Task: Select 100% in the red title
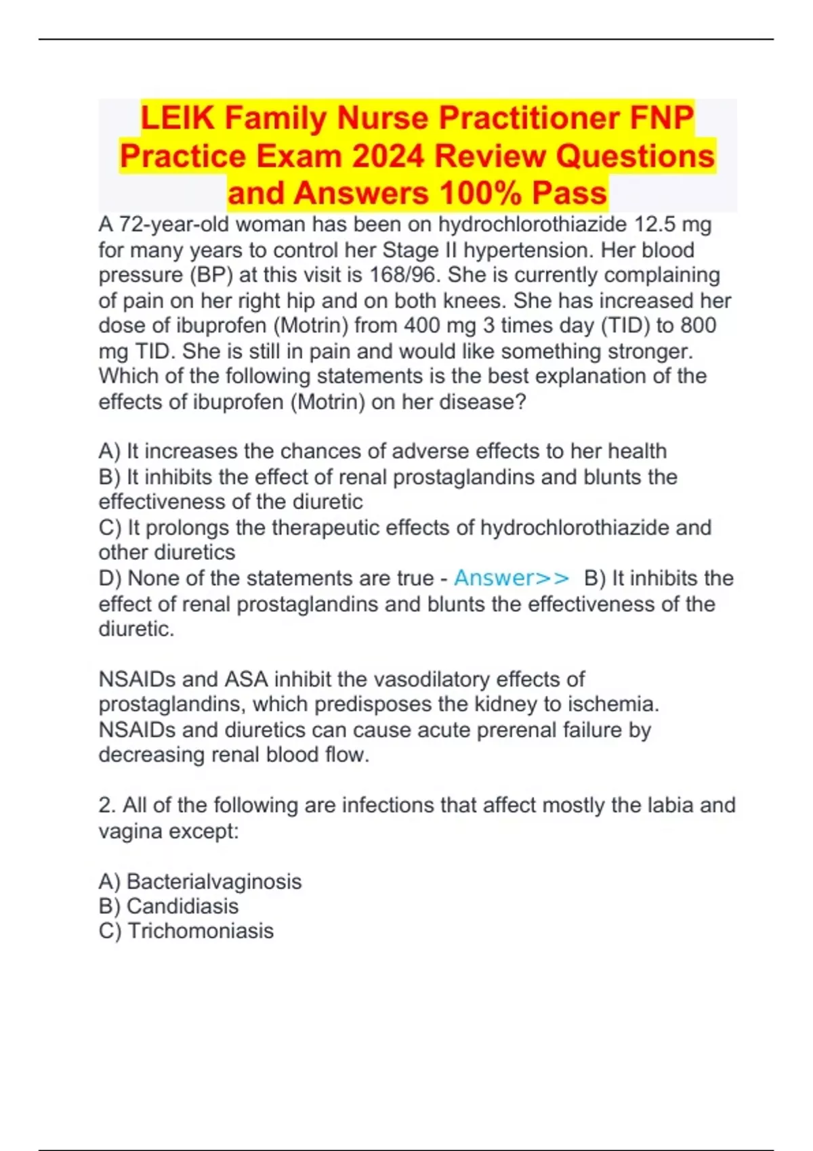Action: (x=480, y=194)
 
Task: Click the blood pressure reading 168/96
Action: (x=404, y=275)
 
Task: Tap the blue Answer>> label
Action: (x=512, y=578)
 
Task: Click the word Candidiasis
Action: (x=182, y=906)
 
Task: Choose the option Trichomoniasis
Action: (x=201, y=931)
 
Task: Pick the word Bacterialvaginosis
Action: (x=214, y=882)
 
